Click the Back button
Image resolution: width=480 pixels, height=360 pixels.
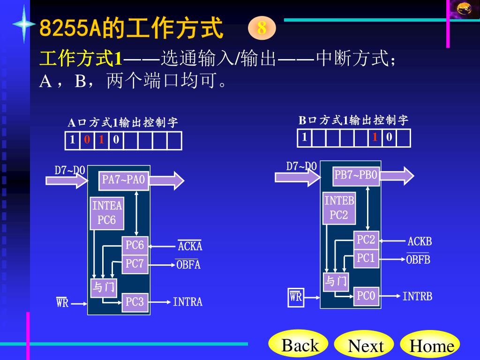pyautogui.click(x=299, y=346)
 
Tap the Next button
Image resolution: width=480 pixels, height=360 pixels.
pyautogui.click(x=366, y=346)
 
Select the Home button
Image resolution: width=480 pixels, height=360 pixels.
pyautogui.click(x=431, y=346)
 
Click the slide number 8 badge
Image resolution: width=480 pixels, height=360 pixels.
pyautogui.click(x=262, y=28)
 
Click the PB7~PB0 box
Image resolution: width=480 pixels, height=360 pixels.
pyautogui.click(x=356, y=175)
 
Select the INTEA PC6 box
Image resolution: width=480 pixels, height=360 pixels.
pyautogui.click(x=107, y=213)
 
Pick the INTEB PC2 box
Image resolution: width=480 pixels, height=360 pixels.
pyautogui.click(x=339, y=208)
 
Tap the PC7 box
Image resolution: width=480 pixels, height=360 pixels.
pyautogui.click(x=135, y=264)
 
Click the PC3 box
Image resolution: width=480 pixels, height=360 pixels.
pyautogui.click(x=135, y=302)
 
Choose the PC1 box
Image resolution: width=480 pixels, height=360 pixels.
pyautogui.click(x=366, y=258)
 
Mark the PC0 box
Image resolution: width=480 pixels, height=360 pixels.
pyautogui.click(x=366, y=296)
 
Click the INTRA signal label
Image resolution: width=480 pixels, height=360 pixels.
pyautogui.click(x=187, y=302)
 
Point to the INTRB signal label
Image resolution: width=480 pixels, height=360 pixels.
pyautogui.click(x=417, y=296)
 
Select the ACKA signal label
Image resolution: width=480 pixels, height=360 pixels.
pyautogui.click(x=190, y=246)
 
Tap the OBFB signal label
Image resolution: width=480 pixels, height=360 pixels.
pyautogui.click(x=418, y=259)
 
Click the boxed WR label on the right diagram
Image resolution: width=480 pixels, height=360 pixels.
pyautogui.click(x=296, y=297)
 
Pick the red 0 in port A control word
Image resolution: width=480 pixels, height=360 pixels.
pyautogui.click(x=87, y=140)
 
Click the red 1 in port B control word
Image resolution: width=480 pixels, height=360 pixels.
pyautogui.click(x=375, y=137)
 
